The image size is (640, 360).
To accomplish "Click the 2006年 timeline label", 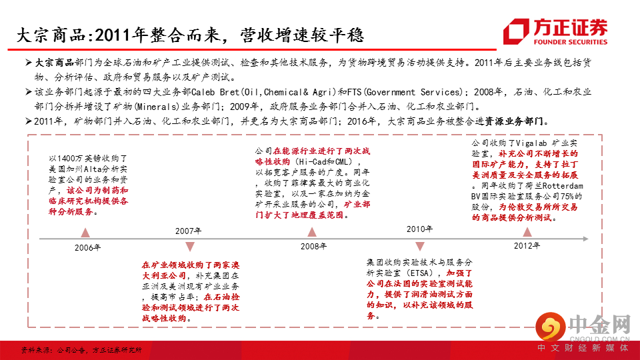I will tap(88, 247).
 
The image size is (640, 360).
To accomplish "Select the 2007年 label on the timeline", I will tap(189, 231).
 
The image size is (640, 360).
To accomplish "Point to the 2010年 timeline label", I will tap(420, 229).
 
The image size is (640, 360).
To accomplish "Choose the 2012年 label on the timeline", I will tap(527, 246).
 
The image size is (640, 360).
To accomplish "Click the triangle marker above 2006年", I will tap(85, 233).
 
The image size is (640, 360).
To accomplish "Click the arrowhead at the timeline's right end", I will tap(585, 239).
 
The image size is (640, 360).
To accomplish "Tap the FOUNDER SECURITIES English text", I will tap(571, 41).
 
